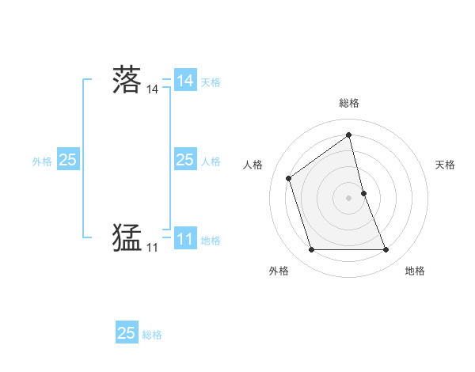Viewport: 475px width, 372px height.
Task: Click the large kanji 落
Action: click(127, 81)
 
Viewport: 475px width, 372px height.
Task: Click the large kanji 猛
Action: click(127, 237)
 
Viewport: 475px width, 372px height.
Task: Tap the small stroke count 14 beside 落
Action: click(152, 90)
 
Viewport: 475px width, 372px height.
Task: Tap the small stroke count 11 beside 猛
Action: click(152, 248)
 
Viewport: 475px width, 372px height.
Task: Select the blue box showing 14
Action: click(184, 81)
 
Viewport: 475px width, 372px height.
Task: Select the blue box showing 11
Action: click(184, 238)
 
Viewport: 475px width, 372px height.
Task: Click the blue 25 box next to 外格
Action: click(67, 160)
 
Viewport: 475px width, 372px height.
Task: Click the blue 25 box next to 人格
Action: click(184, 160)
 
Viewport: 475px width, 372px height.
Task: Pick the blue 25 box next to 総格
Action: click(127, 333)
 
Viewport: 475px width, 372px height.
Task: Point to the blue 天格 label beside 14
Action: click(211, 82)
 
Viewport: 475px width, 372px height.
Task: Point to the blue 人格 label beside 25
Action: click(211, 161)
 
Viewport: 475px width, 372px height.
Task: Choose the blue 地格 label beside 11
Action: click(211, 240)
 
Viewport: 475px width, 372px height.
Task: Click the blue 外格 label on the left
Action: click(42, 161)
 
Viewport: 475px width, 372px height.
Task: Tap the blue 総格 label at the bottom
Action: click(152, 334)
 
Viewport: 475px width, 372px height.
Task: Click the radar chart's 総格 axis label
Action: click(349, 104)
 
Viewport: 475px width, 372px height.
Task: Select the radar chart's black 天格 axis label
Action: click(446, 165)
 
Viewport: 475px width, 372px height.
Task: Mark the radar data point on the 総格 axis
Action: click(349, 135)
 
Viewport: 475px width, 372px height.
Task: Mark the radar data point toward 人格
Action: click(289, 178)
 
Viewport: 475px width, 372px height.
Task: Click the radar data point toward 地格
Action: click(386, 250)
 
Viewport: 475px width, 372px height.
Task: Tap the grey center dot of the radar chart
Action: click(349, 198)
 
